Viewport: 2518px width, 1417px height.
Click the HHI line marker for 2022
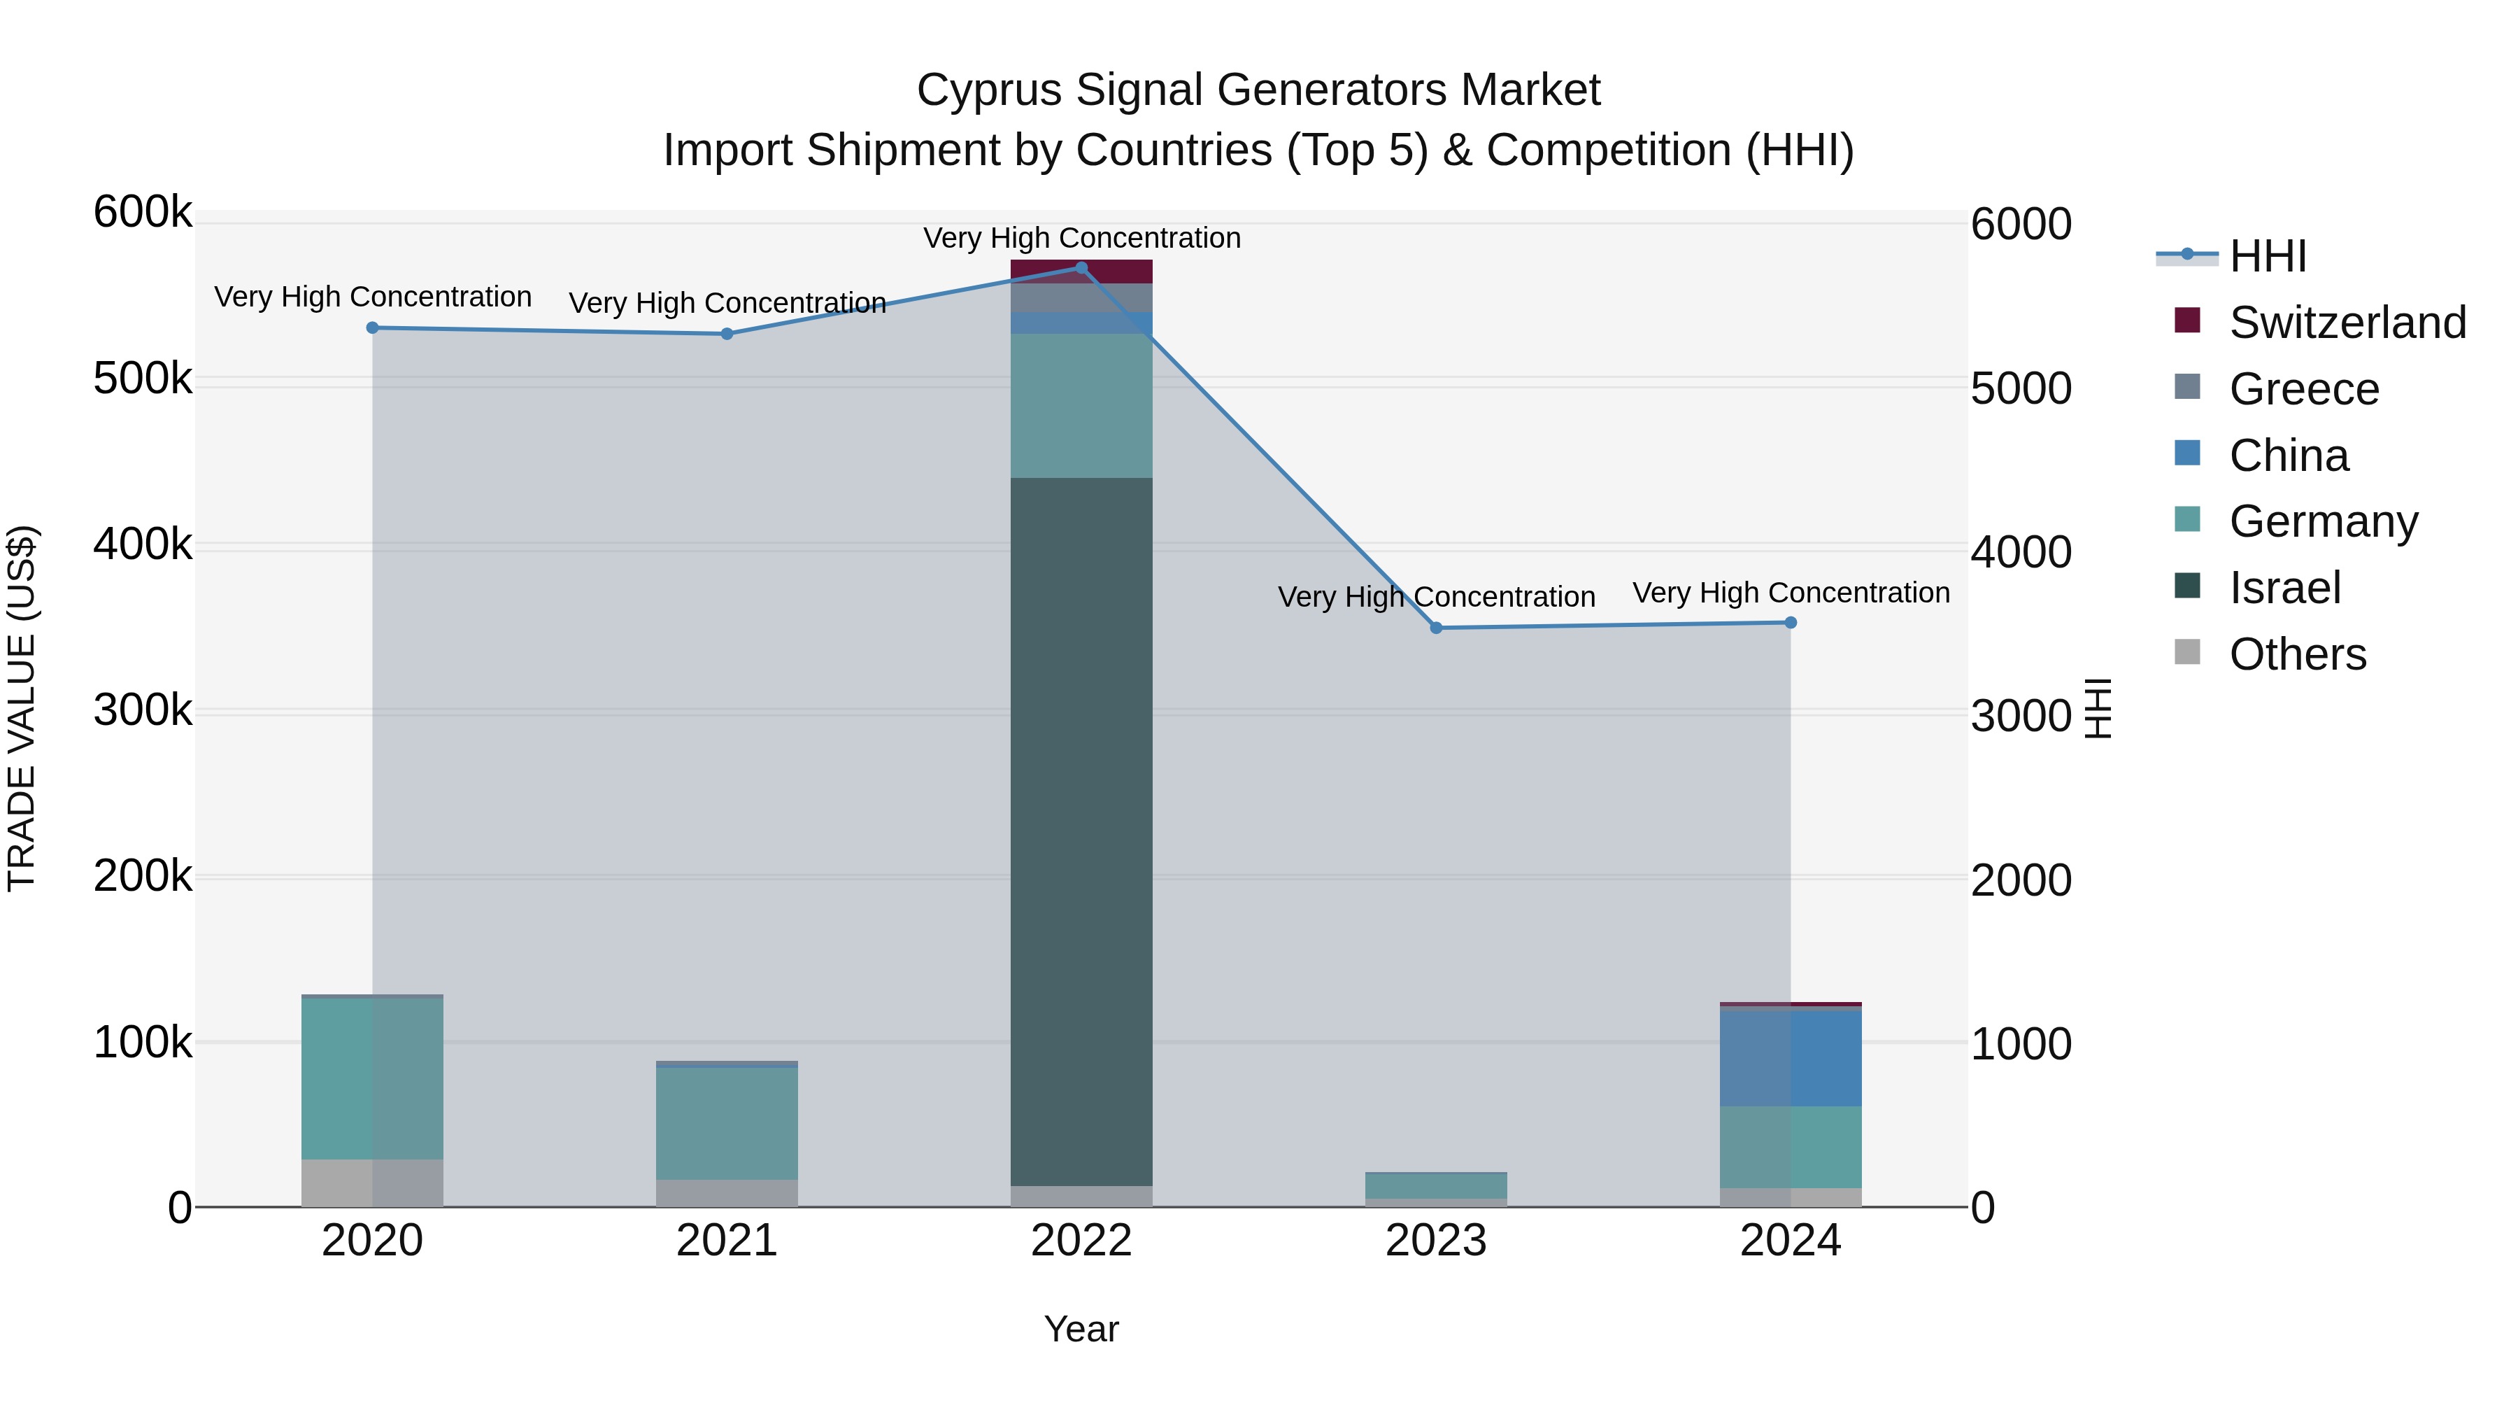(1081, 268)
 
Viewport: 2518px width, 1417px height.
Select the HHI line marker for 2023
(1436, 628)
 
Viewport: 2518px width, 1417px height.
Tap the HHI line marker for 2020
(372, 327)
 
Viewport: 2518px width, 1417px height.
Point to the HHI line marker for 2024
(1791, 623)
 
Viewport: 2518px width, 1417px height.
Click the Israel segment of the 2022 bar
(1081, 831)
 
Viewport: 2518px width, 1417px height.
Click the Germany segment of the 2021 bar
(726, 1122)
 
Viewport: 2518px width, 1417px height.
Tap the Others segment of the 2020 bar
(372, 1183)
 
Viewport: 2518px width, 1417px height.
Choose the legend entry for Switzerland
(2347, 323)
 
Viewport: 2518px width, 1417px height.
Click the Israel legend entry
(2284, 588)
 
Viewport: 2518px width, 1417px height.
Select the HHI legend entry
(2268, 256)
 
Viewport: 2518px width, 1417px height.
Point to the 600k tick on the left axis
(143, 212)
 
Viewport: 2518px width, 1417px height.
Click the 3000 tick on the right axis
(2019, 716)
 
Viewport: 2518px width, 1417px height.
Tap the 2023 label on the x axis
(1436, 1241)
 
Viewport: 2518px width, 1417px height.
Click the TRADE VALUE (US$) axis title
(22, 708)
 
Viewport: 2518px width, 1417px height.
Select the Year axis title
(1081, 1329)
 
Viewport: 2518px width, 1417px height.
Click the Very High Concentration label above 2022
(1081, 238)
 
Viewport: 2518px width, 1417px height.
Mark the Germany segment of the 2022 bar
(1081, 406)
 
